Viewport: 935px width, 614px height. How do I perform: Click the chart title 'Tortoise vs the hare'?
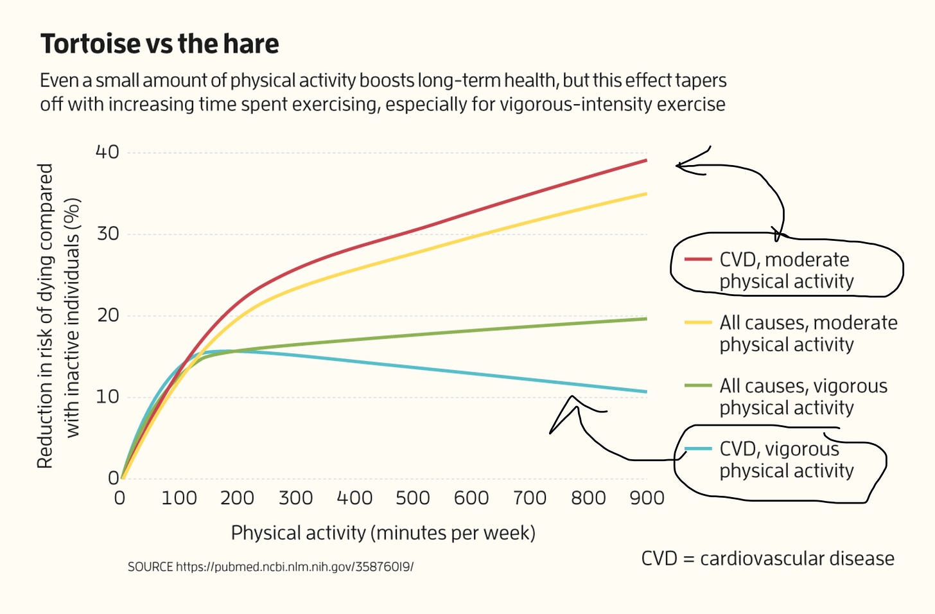tap(159, 44)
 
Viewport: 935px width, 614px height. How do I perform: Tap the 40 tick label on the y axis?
tap(107, 152)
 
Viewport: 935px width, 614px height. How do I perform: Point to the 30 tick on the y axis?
tap(108, 234)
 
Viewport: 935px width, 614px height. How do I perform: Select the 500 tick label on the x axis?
tap(412, 498)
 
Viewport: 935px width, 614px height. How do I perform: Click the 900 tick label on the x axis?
tap(647, 498)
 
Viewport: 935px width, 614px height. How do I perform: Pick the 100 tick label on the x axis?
tap(179, 498)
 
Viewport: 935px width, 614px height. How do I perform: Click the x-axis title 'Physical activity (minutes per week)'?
tap(383, 532)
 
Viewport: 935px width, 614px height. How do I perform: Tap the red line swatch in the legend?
tap(698, 259)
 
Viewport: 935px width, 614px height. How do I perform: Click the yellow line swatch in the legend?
tap(698, 322)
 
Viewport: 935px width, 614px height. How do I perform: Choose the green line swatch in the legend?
tap(698, 386)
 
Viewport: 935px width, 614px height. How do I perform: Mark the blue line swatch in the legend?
tap(698, 448)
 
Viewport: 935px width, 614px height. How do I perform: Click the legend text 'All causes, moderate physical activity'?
tap(808, 333)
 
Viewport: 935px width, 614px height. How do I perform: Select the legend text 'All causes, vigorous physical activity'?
tap(803, 396)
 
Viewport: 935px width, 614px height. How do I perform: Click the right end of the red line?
tap(645, 161)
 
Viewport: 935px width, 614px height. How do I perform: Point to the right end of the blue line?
tap(645, 391)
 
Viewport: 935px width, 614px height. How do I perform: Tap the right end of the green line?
tap(645, 319)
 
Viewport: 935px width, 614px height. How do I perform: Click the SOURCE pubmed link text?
tap(270, 566)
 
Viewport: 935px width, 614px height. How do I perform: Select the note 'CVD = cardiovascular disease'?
tap(767, 558)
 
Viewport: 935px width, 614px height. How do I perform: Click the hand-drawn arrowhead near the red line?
tap(679, 166)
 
